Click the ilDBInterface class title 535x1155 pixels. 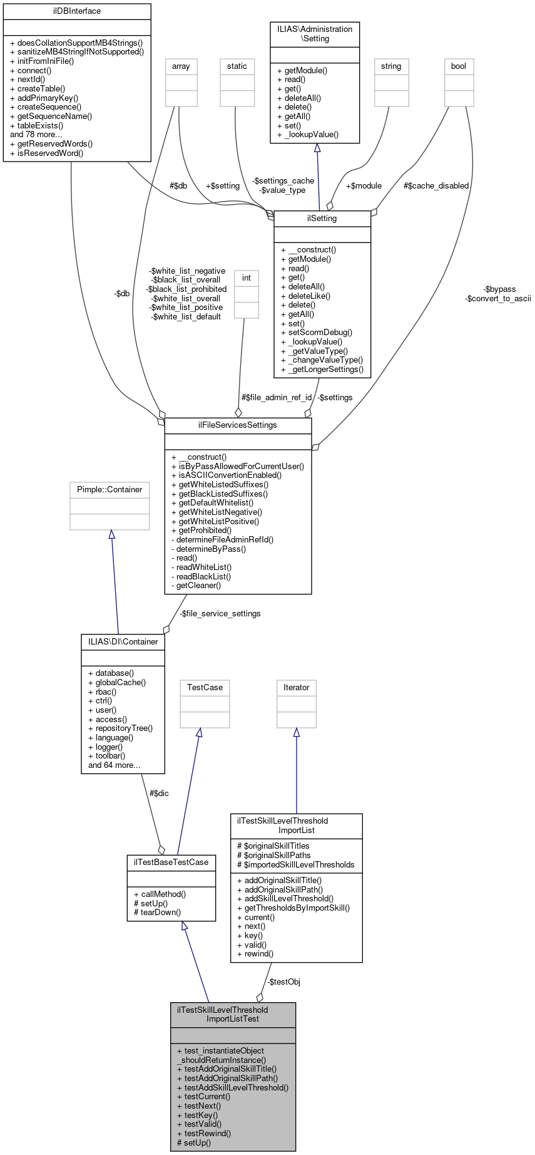(77, 11)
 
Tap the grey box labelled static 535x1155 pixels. (237, 66)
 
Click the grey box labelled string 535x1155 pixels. (391, 66)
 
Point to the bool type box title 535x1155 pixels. (459, 66)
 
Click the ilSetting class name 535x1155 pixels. (322, 218)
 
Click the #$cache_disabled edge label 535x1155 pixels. (436, 185)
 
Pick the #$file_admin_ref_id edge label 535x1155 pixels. (277, 397)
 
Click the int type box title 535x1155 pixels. (247, 277)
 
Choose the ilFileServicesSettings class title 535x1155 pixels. (238, 425)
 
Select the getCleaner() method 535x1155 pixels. (196, 585)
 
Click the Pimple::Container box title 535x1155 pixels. (110, 489)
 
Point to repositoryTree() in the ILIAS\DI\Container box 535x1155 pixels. (121, 728)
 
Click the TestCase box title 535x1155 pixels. (205, 687)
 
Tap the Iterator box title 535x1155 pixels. (297, 687)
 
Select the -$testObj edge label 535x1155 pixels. (283, 981)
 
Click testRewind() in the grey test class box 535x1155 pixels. (204, 1133)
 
